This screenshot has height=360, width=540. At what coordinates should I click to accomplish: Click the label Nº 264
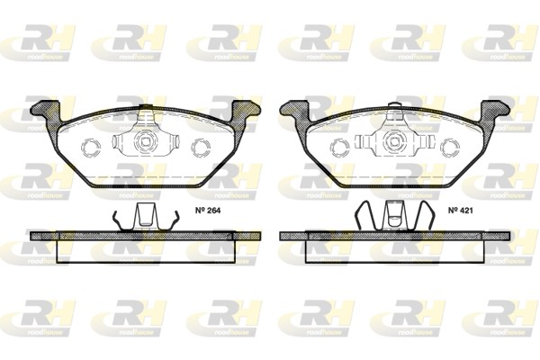[x=209, y=213]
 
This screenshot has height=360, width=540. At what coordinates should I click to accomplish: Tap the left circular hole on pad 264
[x=91, y=146]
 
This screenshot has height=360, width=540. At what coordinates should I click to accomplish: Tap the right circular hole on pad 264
[x=202, y=146]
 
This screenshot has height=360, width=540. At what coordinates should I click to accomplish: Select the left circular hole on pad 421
[x=339, y=146]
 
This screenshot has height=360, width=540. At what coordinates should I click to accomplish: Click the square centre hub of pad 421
[x=394, y=141]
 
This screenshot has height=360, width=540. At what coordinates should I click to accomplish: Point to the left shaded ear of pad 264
[x=45, y=112]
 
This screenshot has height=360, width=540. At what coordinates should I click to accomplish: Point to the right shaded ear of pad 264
[x=245, y=112]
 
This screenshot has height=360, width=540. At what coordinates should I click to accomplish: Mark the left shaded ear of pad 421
[x=294, y=112]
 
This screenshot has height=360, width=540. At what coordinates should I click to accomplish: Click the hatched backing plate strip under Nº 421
[x=394, y=236]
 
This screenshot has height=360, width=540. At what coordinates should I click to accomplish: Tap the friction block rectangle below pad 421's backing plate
[x=394, y=251]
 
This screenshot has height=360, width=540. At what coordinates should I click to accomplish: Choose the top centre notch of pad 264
[x=146, y=112]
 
